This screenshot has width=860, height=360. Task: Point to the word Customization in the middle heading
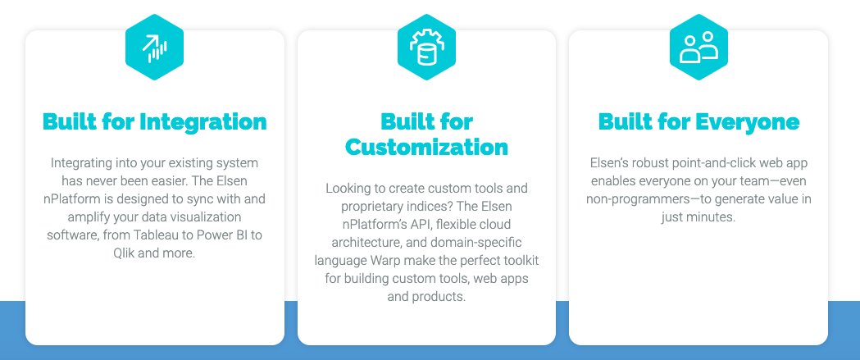point(426,148)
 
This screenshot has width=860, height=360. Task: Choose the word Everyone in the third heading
point(747,122)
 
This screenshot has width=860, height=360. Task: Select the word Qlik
point(127,253)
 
